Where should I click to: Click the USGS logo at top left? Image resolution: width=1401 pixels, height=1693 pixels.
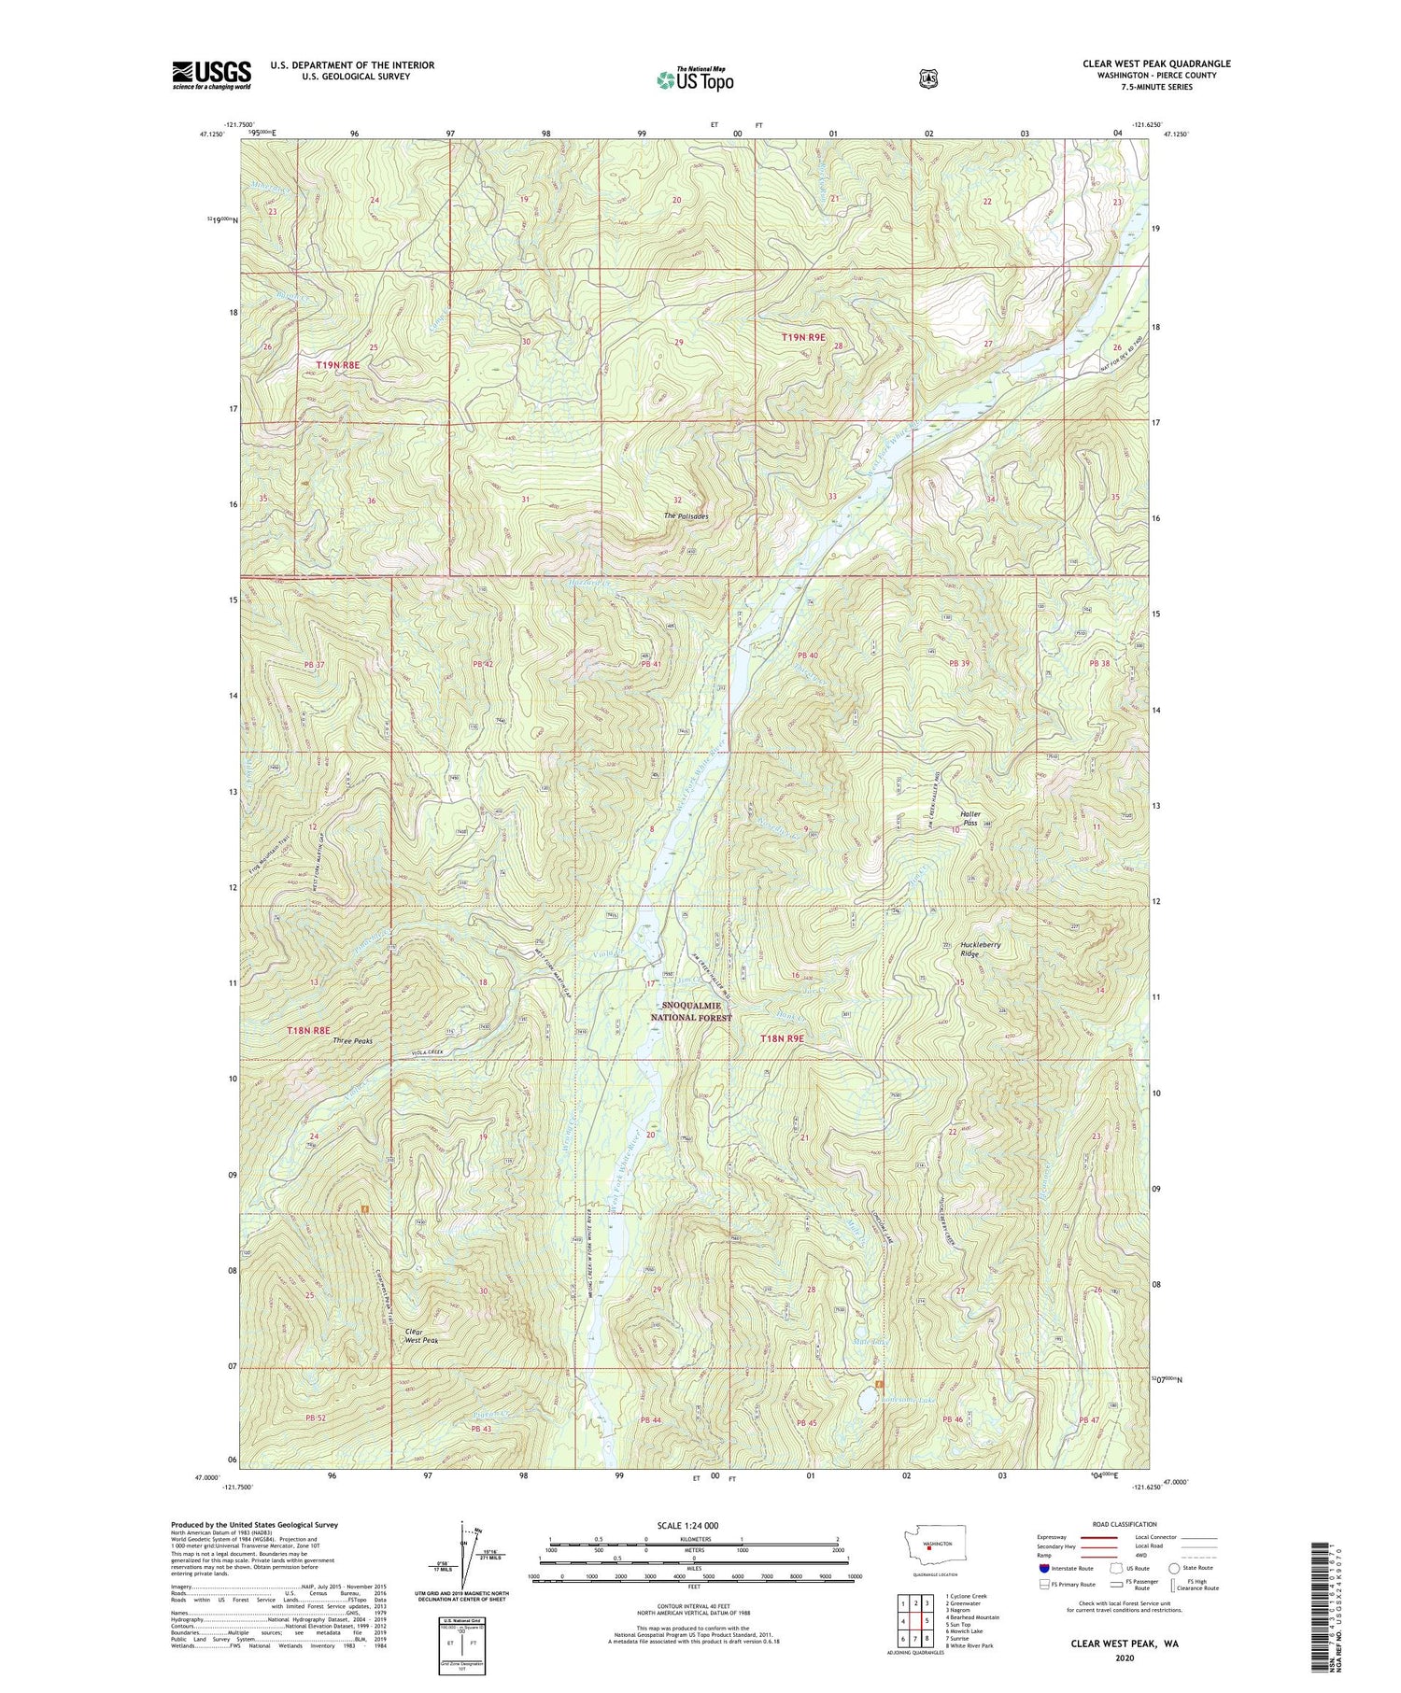pos(211,75)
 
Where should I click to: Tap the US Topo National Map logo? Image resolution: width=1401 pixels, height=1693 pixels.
pos(695,79)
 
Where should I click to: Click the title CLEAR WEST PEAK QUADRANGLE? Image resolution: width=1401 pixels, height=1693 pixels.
pos(1156,63)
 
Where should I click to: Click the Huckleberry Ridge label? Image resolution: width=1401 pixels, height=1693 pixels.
pos(981,949)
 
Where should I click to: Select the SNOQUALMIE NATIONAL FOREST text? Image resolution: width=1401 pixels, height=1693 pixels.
pos(691,1011)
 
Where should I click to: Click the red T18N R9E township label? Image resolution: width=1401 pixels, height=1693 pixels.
pos(781,1038)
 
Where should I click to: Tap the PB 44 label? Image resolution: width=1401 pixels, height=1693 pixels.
pos(651,1420)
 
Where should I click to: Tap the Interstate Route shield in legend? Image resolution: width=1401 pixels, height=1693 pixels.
pos(1043,1568)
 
